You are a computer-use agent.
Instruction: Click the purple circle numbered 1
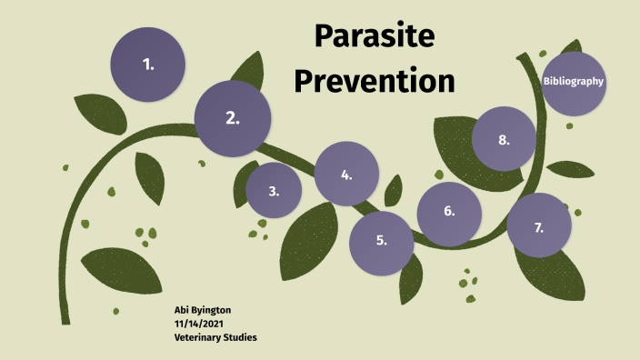[x=147, y=65]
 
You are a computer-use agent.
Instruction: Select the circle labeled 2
[x=233, y=118]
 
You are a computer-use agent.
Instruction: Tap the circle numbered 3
[x=274, y=191]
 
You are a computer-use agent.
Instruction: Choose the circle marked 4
[x=346, y=175]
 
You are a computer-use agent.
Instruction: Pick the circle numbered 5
[x=382, y=242]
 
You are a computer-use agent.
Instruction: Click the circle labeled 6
[x=449, y=213]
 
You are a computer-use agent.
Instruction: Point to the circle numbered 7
[x=538, y=226]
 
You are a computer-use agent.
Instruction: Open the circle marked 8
[x=504, y=139]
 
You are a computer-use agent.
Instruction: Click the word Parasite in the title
[x=375, y=37]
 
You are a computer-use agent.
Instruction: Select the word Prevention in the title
[x=374, y=81]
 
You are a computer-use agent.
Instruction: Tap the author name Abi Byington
[x=203, y=310]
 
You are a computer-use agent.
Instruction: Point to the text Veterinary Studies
[x=215, y=337]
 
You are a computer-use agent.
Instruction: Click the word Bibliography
[x=574, y=82]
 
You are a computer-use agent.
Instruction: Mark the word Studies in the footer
[x=239, y=337]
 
